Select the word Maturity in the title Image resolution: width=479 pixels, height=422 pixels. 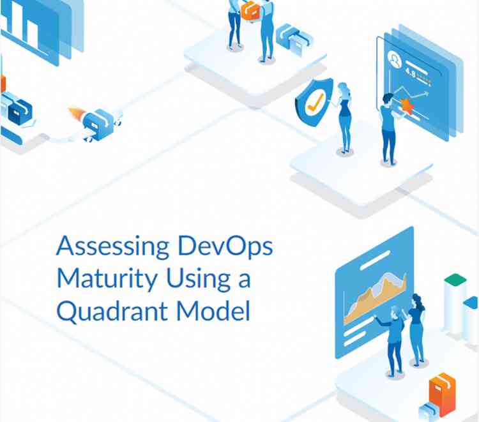(100, 278)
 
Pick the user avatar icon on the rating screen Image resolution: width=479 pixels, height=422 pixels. (396, 62)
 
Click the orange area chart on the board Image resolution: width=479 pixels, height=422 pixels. (374, 300)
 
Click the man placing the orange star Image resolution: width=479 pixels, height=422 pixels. (388, 128)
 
